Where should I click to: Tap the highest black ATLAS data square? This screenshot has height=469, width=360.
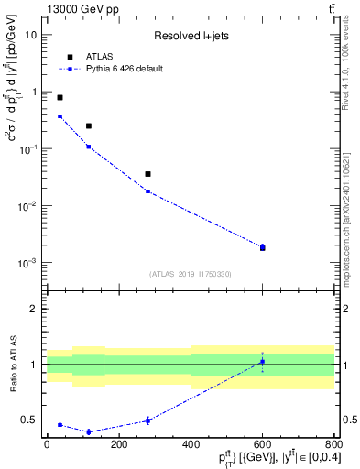coord(60,97)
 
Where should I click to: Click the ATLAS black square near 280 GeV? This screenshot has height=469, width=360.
coord(147,174)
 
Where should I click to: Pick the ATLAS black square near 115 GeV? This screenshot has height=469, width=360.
coord(89,125)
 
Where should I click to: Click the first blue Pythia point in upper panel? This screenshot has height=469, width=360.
coord(60,116)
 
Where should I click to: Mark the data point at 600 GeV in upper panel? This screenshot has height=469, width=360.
coord(263,247)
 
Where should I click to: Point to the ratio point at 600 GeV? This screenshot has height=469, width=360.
coord(263,362)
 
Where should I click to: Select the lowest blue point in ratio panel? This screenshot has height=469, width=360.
coord(89,431)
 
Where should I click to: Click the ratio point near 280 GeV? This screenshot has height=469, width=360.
coord(147,420)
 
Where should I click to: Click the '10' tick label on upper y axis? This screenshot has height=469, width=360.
coord(32,35)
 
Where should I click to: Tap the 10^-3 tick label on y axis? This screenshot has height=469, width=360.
coord(30,263)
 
